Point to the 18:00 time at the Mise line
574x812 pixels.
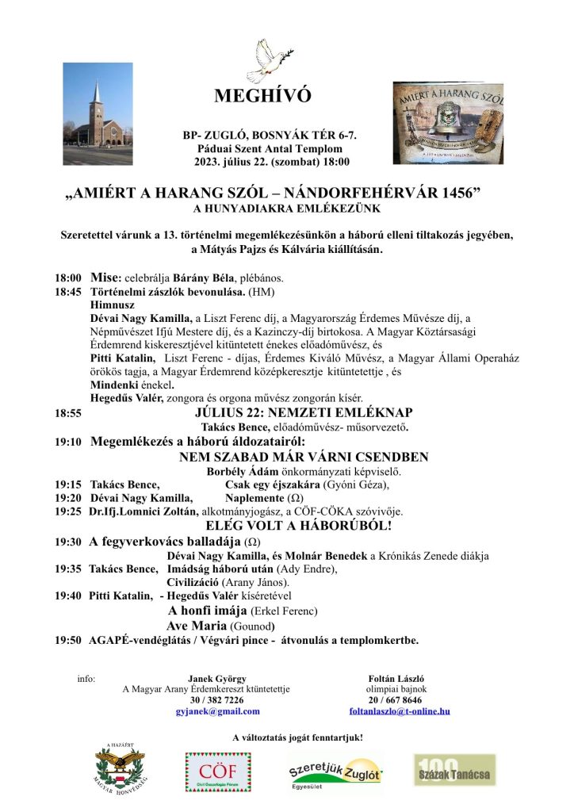[x=68, y=279]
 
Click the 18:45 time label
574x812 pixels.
[x=68, y=292]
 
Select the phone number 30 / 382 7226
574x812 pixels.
[x=217, y=700]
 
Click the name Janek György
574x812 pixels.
[x=217, y=679]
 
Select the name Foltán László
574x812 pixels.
[x=396, y=679]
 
